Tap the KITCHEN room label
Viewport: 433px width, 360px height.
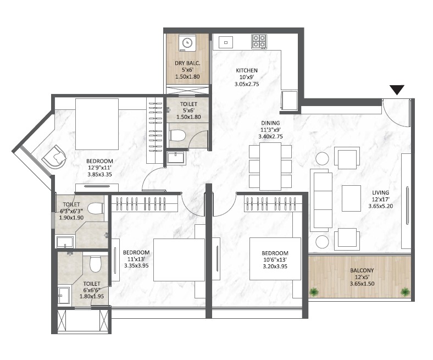point(247,71)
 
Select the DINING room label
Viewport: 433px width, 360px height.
point(271,123)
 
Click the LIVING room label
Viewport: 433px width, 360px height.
point(380,192)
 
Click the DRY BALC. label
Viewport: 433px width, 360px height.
point(188,64)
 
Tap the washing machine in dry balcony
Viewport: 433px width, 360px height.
point(188,42)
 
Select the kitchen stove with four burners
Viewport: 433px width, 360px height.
point(259,41)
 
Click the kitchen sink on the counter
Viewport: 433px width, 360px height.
point(225,42)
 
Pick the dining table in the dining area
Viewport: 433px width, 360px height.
point(270,166)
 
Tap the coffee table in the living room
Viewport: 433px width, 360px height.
point(351,198)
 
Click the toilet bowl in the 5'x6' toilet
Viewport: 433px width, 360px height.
point(177,135)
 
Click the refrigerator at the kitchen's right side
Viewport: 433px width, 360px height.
point(290,101)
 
